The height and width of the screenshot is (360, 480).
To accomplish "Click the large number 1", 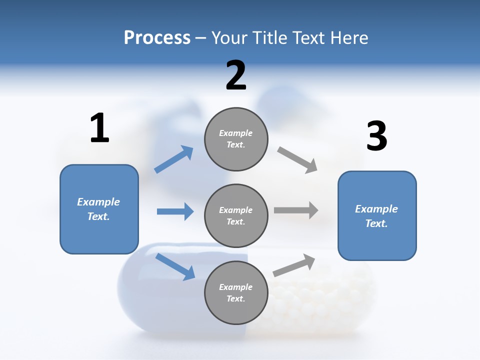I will [99, 128].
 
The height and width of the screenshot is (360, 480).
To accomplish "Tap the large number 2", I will [236, 75].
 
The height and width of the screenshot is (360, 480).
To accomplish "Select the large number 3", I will [376, 136].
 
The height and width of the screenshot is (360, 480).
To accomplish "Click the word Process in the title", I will [157, 37].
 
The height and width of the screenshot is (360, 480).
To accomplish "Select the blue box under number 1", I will [99, 209].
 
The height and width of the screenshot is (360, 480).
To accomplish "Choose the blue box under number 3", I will [377, 216].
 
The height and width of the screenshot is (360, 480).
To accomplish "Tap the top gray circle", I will [236, 139].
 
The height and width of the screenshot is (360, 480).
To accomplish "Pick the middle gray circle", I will [236, 215].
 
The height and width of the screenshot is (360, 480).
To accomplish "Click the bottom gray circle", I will [236, 292].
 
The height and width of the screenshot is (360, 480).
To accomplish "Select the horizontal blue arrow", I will [175, 211].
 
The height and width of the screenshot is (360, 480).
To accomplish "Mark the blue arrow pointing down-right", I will [175, 266].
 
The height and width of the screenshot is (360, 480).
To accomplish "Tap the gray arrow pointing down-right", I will [297, 159].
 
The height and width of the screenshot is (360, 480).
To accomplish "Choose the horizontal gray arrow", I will [296, 210].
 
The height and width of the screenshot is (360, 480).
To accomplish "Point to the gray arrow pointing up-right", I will [294, 265].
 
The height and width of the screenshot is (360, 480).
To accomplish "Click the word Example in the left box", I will [98, 202].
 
